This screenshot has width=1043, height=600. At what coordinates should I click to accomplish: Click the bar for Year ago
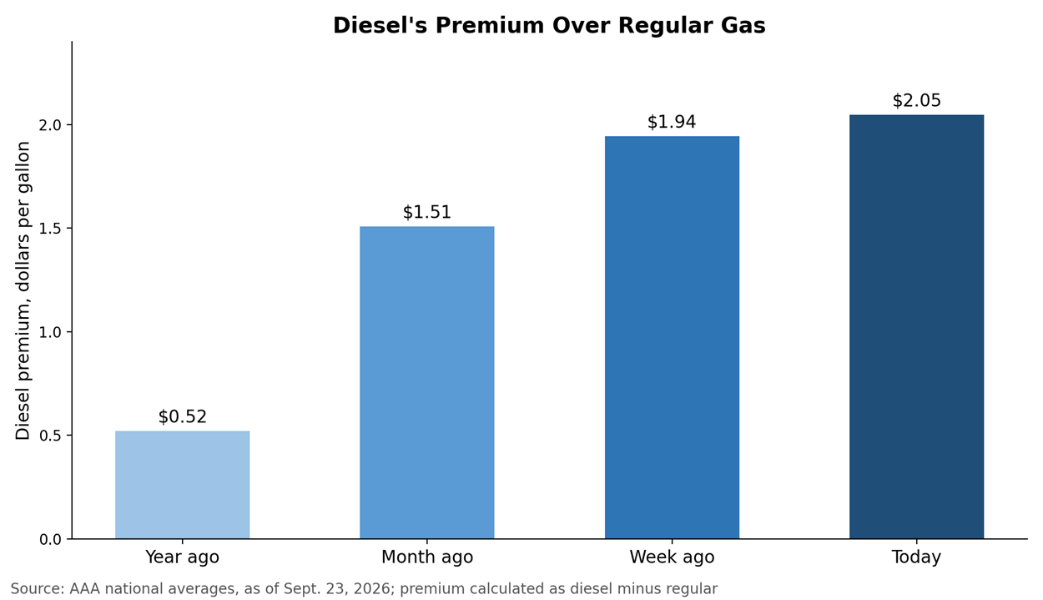click(x=182, y=485)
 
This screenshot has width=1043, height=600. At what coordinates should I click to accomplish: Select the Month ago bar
click(x=427, y=382)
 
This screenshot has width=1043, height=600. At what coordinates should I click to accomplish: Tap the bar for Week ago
click(x=672, y=338)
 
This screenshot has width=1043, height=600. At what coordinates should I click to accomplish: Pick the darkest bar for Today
click(x=917, y=326)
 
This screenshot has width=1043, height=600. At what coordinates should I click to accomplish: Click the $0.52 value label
click(x=182, y=416)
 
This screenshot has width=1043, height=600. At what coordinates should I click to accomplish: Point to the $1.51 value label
click(x=427, y=212)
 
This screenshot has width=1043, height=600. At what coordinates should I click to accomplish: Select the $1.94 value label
click(x=672, y=122)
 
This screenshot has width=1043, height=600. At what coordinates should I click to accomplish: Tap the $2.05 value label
click(x=917, y=100)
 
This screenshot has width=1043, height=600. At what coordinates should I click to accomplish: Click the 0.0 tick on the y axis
click(x=50, y=540)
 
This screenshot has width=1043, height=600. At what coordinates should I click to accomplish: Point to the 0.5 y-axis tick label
click(x=50, y=436)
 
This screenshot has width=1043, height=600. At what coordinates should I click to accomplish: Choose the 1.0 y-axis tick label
click(x=50, y=332)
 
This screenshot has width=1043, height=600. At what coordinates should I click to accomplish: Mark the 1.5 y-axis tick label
click(x=50, y=229)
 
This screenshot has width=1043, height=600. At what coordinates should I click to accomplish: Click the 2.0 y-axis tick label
click(x=50, y=125)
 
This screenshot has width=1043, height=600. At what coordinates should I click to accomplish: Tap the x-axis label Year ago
click(x=182, y=557)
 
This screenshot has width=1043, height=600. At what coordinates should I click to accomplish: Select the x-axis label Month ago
click(x=427, y=557)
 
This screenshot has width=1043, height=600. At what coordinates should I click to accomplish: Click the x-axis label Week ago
click(x=672, y=557)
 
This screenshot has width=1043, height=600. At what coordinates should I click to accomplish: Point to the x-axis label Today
click(x=916, y=557)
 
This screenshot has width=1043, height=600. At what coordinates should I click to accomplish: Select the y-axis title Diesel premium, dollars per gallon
click(x=23, y=290)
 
